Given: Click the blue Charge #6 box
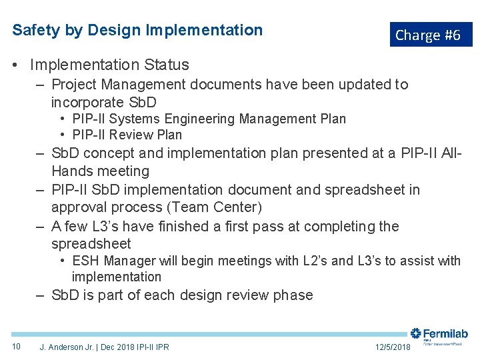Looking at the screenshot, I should point(430,35).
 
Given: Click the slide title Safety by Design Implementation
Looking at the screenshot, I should point(137,30).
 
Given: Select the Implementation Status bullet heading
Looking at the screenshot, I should point(109,65).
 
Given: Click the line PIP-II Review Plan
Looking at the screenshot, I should point(127,134).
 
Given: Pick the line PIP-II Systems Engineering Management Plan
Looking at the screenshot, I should point(209,119).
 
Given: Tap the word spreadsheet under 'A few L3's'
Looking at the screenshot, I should point(91,244).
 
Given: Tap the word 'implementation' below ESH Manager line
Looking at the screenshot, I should point(116,277).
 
